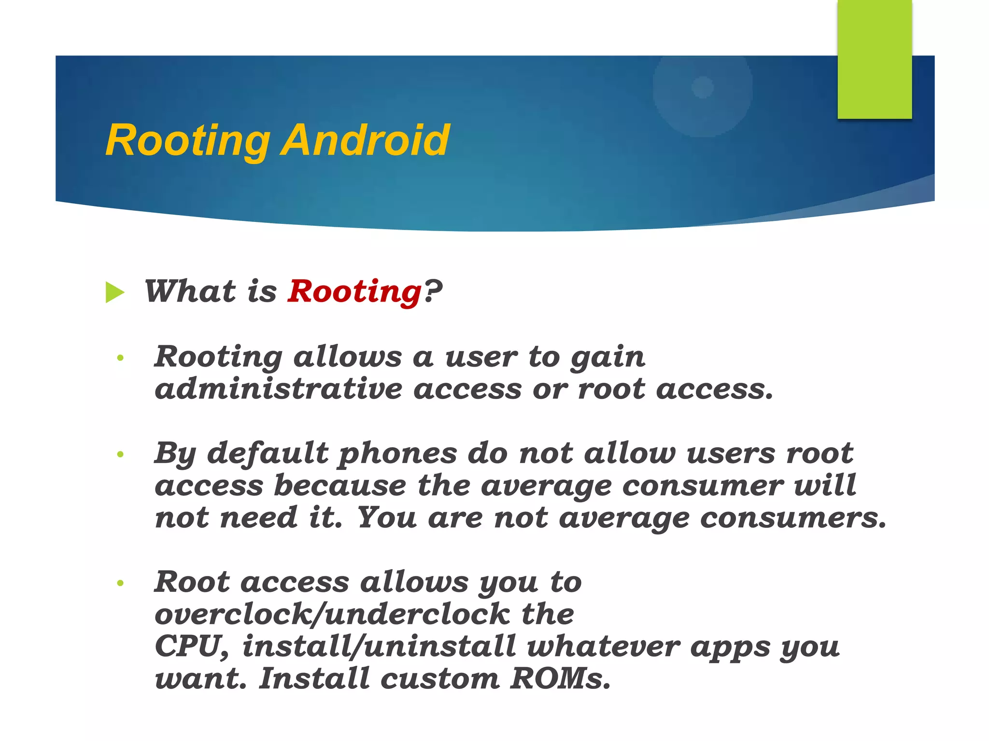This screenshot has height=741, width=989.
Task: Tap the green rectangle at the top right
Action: pos(875,59)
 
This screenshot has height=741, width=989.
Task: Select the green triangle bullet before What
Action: pos(115,293)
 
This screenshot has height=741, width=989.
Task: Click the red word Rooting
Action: pos(355,292)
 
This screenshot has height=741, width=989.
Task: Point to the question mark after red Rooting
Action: pos(433,291)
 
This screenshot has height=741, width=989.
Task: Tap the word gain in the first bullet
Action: pos(608,358)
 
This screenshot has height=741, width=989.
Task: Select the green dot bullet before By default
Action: pos(120,454)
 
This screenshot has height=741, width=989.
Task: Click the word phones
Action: pos(397,454)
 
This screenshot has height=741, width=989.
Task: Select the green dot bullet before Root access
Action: pos(120,583)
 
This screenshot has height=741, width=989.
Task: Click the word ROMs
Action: pos(560,679)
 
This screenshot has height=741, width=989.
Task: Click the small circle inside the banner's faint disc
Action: pos(703,87)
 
